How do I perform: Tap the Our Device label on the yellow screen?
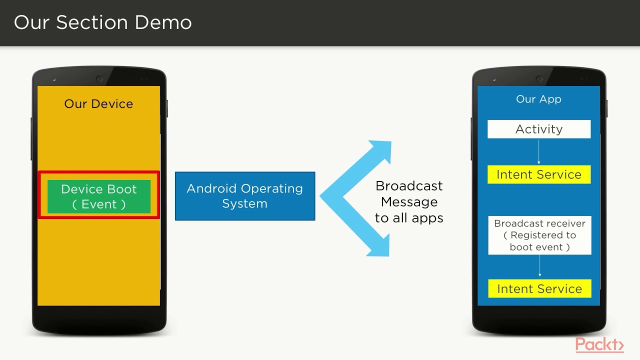tap(98, 104)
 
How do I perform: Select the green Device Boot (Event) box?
tap(98, 196)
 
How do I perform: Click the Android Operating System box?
tap(244, 196)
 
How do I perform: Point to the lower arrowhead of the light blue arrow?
tap(379, 247)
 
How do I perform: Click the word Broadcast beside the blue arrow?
tap(409, 186)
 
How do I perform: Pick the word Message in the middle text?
tap(409, 202)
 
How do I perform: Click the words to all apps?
tap(409, 218)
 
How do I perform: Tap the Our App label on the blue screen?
tap(538, 99)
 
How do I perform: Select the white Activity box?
tap(539, 129)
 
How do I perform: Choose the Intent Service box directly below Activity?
tap(539, 174)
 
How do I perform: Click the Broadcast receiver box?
tap(539, 235)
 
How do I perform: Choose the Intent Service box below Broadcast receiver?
tap(539, 288)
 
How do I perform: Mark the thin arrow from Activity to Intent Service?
tap(539, 152)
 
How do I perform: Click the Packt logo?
tap(599, 345)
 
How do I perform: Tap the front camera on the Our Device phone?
tap(99, 79)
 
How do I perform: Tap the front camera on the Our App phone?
tap(539, 79)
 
